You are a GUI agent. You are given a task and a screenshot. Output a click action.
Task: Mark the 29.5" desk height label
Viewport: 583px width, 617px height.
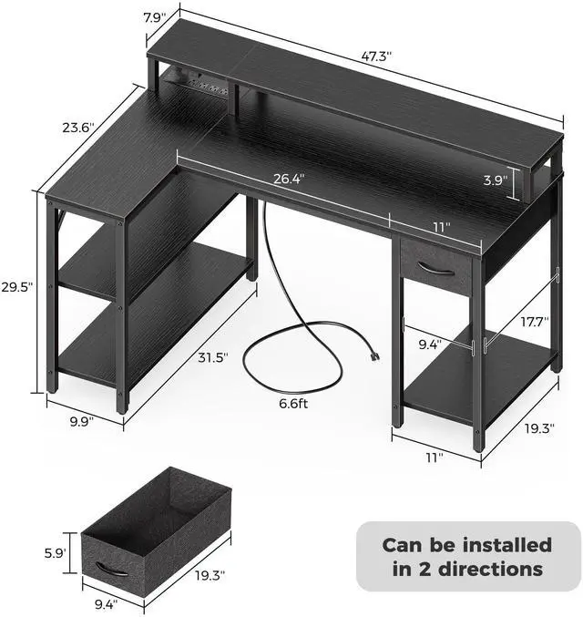[x=17, y=286]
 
